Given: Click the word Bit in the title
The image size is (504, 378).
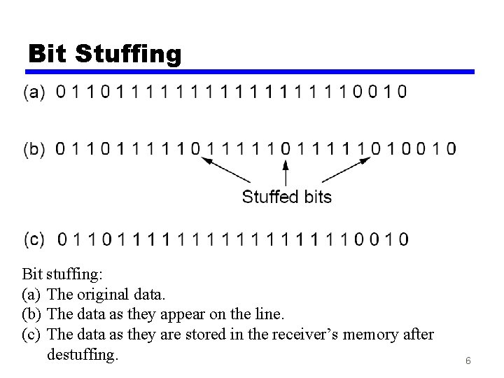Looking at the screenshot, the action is (47, 53).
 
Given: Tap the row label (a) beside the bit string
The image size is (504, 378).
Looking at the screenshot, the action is (35, 92).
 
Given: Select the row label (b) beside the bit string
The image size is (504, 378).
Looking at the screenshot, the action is (35, 148).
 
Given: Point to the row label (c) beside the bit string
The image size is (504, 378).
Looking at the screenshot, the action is (35, 239).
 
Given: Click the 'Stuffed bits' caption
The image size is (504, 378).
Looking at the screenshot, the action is (286, 197).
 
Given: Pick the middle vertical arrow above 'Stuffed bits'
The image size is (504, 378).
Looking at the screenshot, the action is (285, 172).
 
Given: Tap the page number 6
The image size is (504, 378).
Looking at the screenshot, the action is (467, 361).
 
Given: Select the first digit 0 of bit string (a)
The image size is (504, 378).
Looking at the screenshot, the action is (60, 92).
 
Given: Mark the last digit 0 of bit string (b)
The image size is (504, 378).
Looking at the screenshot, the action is (451, 148).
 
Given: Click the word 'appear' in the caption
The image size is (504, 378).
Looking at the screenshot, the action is (192, 314).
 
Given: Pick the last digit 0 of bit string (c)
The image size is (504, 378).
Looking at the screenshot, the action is (404, 239).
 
